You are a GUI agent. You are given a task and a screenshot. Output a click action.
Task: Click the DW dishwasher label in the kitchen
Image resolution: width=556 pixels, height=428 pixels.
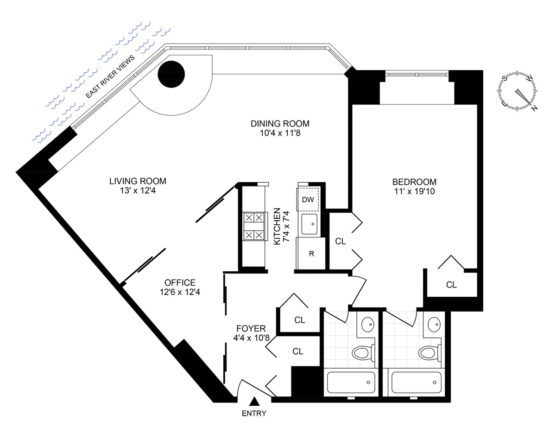pyautogui.click(x=308, y=200)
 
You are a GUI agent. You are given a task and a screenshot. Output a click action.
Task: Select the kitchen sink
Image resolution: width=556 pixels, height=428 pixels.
pyautogui.click(x=310, y=224)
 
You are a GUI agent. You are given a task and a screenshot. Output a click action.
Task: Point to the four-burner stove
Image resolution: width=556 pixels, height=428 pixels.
pyautogui.click(x=254, y=227)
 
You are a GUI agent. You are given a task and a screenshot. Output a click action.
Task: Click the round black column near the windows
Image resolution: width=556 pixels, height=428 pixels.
pyautogui.click(x=171, y=74)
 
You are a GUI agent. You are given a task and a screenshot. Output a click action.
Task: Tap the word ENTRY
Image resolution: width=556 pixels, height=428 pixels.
pyautogui.click(x=254, y=413)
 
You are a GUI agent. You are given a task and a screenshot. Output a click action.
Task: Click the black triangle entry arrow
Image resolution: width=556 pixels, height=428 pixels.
pyautogui.click(x=254, y=402)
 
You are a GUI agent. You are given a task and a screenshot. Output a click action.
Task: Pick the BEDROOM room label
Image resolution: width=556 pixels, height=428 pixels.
pyautogui.click(x=414, y=182)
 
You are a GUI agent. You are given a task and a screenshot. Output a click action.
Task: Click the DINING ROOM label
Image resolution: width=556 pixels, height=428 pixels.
pyautogui.click(x=280, y=124)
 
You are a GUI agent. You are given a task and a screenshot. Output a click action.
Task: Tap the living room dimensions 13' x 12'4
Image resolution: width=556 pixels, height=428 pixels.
pyautogui.click(x=138, y=190)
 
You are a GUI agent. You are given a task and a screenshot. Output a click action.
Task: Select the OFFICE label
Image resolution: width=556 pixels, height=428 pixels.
pyautogui.click(x=180, y=282)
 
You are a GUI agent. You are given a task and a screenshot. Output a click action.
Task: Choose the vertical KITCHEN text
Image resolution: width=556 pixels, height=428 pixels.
pyautogui.click(x=277, y=226)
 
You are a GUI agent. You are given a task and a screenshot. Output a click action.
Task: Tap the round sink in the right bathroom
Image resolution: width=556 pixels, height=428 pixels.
pyautogui.click(x=434, y=323)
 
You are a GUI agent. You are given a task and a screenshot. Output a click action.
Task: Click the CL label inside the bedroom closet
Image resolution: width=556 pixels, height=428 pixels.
pyautogui.click(x=451, y=285)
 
